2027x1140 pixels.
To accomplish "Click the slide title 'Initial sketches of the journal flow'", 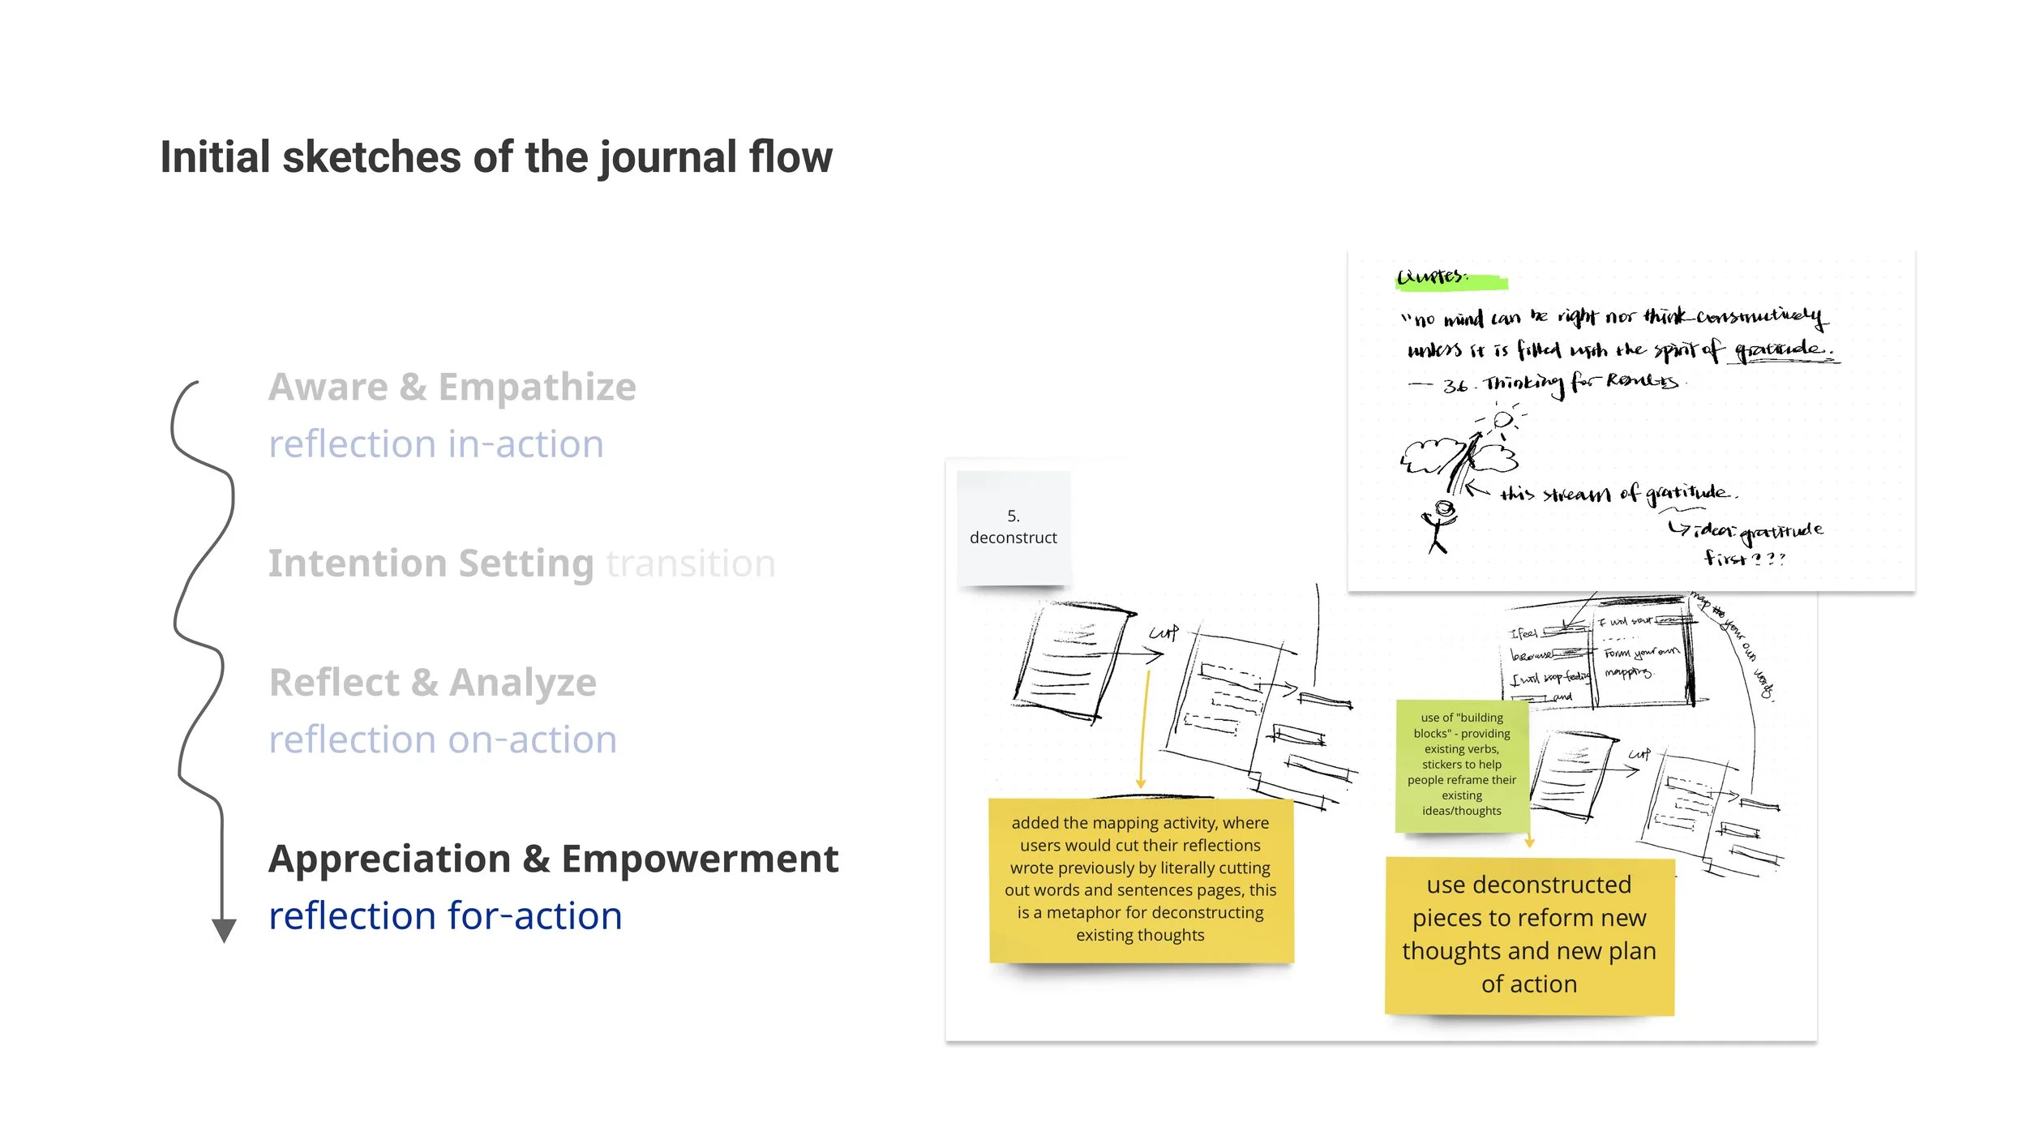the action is pos(496,157).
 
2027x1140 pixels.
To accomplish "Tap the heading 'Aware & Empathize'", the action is pos(452,387).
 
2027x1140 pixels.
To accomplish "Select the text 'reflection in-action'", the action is pos(435,444).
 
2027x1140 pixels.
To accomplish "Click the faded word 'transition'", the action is pos(690,564).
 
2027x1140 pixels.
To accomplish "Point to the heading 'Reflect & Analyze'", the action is pos(432,682).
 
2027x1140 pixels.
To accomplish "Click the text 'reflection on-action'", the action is pos(442,739).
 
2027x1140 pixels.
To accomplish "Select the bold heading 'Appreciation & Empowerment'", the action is pos(553,859).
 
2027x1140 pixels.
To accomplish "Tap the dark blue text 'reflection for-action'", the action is pos(445,916).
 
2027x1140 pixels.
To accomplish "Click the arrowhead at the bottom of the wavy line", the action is pos(224,929).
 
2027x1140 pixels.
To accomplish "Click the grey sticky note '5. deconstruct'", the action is pos(1013,527).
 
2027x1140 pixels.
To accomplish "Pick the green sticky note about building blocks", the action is pos(1461,764).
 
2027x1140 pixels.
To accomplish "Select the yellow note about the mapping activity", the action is pos(1140,879).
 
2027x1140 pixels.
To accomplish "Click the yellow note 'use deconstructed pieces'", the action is pos(1528,934).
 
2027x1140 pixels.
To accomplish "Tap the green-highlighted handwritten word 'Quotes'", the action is pos(1433,277).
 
